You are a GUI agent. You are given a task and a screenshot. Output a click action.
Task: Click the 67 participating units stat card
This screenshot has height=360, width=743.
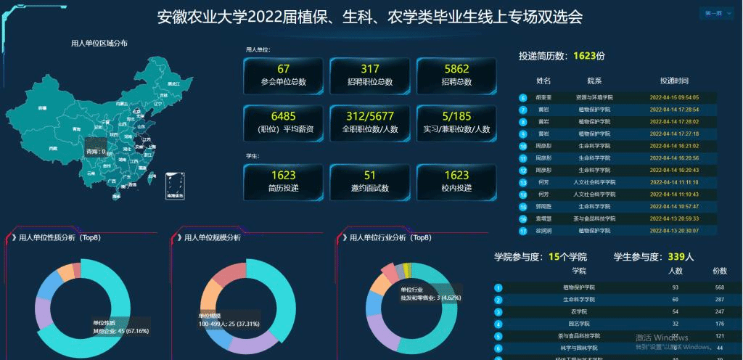(283, 75)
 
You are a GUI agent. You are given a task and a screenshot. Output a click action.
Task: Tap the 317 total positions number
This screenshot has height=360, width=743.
(370, 68)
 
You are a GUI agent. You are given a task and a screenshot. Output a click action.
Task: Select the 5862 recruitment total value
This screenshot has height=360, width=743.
(456, 68)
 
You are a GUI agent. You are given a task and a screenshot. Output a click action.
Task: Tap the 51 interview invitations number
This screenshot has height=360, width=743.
(370, 175)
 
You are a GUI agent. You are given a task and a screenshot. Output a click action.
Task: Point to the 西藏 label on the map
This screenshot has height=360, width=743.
(52, 148)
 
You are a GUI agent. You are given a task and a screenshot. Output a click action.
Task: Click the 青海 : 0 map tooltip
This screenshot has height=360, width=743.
(97, 152)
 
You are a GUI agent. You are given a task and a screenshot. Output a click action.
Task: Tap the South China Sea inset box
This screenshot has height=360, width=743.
(175, 186)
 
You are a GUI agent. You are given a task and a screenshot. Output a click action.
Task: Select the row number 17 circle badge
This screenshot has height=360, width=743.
(522, 231)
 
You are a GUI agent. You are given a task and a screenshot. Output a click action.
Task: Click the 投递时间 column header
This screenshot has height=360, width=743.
(674, 81)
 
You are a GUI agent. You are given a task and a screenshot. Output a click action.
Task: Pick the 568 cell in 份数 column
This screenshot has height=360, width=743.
(720, 287)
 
